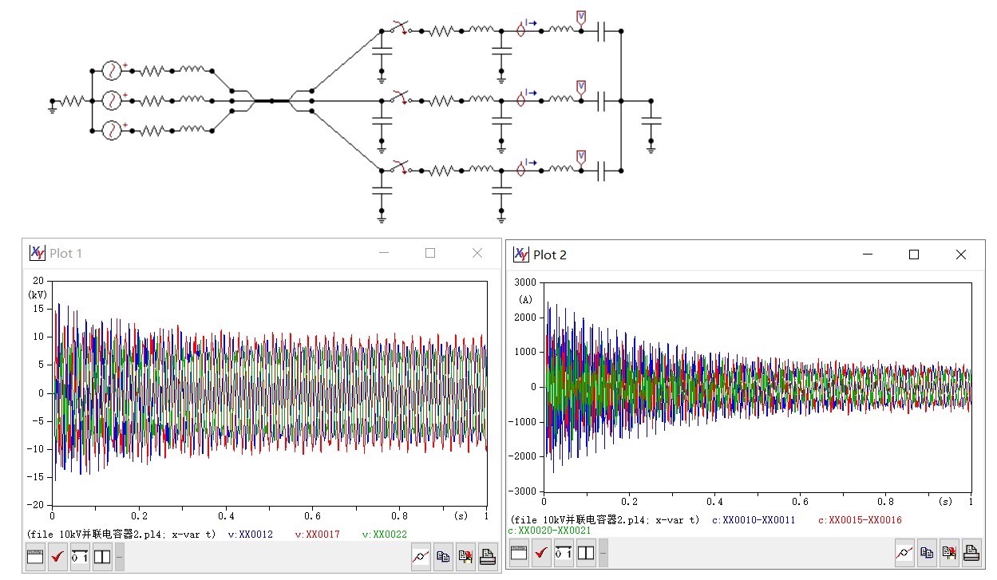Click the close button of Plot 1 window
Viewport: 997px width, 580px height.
coord(477,253)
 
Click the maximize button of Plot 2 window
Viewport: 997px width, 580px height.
coord(914,254)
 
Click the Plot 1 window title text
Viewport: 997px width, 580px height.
coord(65,254)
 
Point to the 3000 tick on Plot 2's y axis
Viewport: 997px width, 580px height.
coord(524,282)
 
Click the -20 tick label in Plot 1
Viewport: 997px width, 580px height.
coord(37,505)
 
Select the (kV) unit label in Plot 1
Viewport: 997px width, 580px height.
coord(38,294)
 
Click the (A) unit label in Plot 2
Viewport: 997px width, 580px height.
coord(525,300)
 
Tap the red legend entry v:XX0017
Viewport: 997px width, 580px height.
coord(318,535)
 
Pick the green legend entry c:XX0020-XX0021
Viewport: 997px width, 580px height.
coord(549,531)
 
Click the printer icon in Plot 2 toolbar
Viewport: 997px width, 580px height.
coord(971,551)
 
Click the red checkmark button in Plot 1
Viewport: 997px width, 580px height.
coord(57,556)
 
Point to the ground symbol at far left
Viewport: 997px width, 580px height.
coord(53,106)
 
